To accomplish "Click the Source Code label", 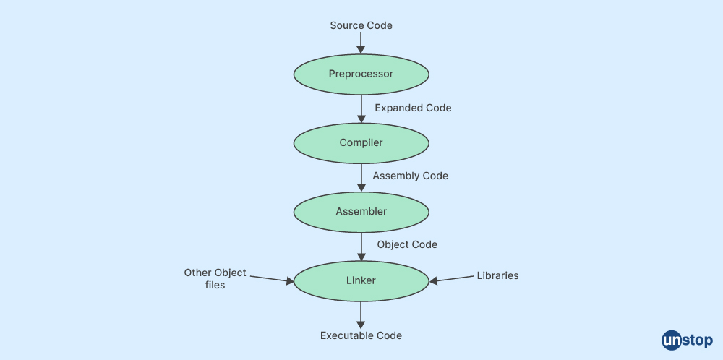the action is click(x=361, y=25).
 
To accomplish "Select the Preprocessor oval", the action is click(x=361, y=74).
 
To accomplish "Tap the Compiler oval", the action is click(x=361, y=143).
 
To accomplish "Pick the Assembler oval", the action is click(x=361, y=212).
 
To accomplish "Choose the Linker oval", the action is click(x=361, y=280).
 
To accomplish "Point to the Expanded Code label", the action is click(x=413, y=108).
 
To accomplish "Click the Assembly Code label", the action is click(x=411, y=176).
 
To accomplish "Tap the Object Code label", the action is click(x=407, y=244).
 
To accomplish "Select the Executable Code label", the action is click(x=361, y=335).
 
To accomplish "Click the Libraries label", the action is click(x=497, y=275).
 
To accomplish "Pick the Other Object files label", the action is click(x=215, y=279).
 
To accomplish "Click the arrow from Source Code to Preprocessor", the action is click(x=361, y=43).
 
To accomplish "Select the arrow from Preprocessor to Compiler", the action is click(x=361, y=108).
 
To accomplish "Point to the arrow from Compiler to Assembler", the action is click(x=361, y=177).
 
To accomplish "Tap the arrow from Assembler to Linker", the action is click(x=361, y=247).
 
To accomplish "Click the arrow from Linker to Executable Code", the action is click(x=361, y=315).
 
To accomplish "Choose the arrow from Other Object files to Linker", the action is click(x=272, y=279).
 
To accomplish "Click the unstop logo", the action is click(x=687, y=341).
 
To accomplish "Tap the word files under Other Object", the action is click(x=215, y=285).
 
